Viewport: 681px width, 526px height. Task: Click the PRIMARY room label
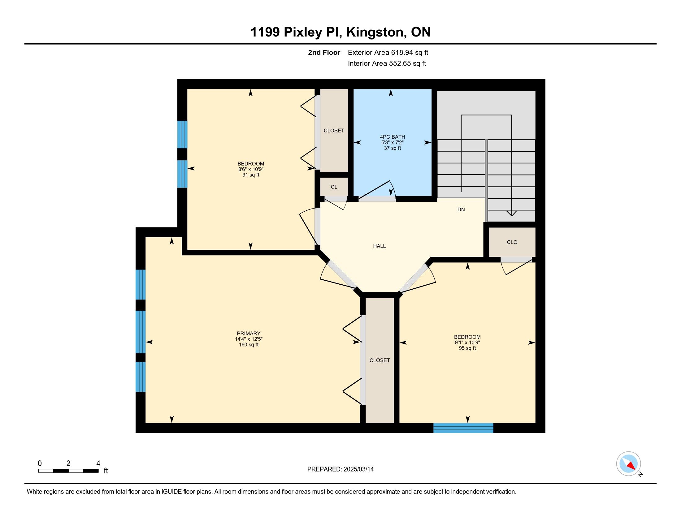click(x=248, y=334)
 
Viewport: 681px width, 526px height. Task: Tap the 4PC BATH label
click(x=393, y=137)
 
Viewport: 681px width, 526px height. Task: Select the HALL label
click(x=380, y=246)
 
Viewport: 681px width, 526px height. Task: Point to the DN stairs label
click(x=461, y=210)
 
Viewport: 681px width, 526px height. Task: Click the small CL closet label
click(x=334, y=187)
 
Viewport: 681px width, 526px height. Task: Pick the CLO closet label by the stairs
click(x=512, y=242)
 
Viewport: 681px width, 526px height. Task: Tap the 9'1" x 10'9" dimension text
click(x=467, y=343)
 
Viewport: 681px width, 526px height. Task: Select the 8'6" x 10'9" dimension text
click(x=251, y=169)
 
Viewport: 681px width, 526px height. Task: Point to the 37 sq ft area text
click(x=392, y=148)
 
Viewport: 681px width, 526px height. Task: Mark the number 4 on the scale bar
click(x=98, y=463)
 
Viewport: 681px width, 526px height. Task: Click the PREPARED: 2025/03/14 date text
click(x=340, y=469)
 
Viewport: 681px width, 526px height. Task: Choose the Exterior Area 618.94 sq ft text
click(x=388, y=53)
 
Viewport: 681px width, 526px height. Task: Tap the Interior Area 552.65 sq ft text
click(x=387, y=63)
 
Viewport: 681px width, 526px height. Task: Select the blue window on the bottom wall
click(x=463, y=428)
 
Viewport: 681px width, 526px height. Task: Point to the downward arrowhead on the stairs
click(x=512, y=213)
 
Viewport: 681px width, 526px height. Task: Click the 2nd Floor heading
click(x=324, y=53)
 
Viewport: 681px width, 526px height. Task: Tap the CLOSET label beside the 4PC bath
click(x=334, y=131)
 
